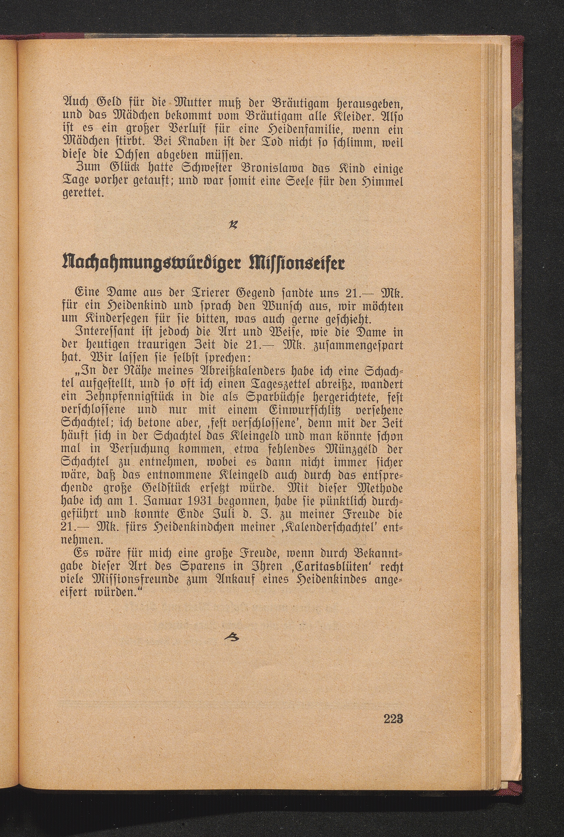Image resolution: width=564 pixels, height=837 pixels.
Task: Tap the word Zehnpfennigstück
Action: coord(114,398)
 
